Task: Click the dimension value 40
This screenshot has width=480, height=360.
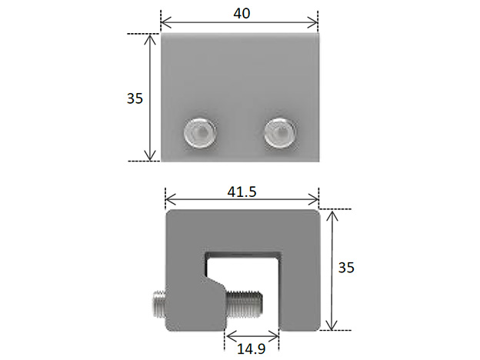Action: [239, 13]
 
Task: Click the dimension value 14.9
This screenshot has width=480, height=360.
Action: [252, 348]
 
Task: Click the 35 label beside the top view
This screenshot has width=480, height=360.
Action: [135, 98]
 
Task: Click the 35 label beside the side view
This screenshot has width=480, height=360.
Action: [346, 267]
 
